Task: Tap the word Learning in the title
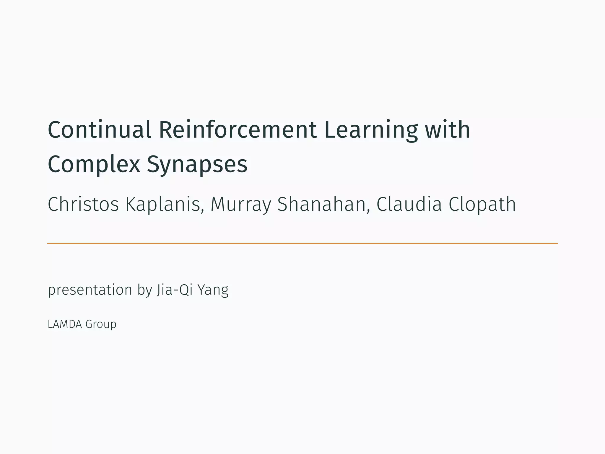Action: (x=371, y=130)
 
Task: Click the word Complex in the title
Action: (x=94, y=164)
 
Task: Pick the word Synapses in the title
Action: (x=197, y=164)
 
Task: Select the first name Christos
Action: (x=83, y=204)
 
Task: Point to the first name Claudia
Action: (x=409, y=204)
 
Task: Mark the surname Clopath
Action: (x=482, y=204)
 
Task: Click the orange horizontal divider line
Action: (x=302, y=243)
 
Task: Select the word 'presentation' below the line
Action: (x=90, y=290)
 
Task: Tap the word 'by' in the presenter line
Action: (x=144, y=290)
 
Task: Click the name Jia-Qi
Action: (x=175, y=290)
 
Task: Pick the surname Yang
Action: (x=213, y=290)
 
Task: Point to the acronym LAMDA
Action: (x=65, y=324)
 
